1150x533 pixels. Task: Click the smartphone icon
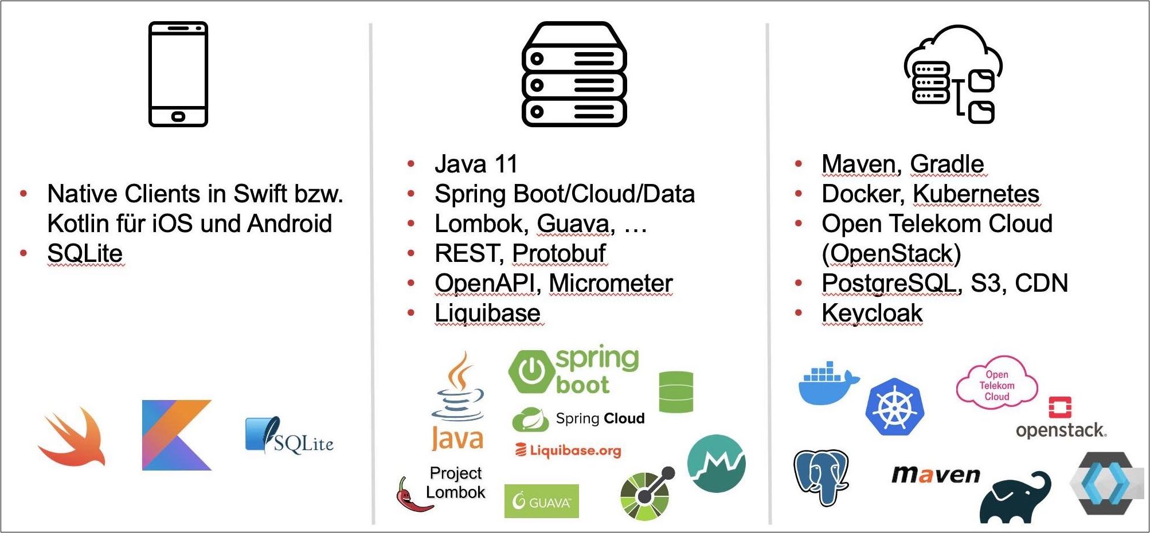(178, 74)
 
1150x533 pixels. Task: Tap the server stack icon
(574, 74)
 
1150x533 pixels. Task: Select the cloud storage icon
(953, 74)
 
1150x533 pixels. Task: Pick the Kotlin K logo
(177, 435)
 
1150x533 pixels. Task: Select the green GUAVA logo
(541, 501)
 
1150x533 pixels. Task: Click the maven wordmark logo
(936, 475)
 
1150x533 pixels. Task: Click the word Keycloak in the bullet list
(872, 313)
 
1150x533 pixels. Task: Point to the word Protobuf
(559, 253)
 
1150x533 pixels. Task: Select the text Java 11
(476, 164)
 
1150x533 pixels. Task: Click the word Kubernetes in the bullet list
(976, 194)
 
